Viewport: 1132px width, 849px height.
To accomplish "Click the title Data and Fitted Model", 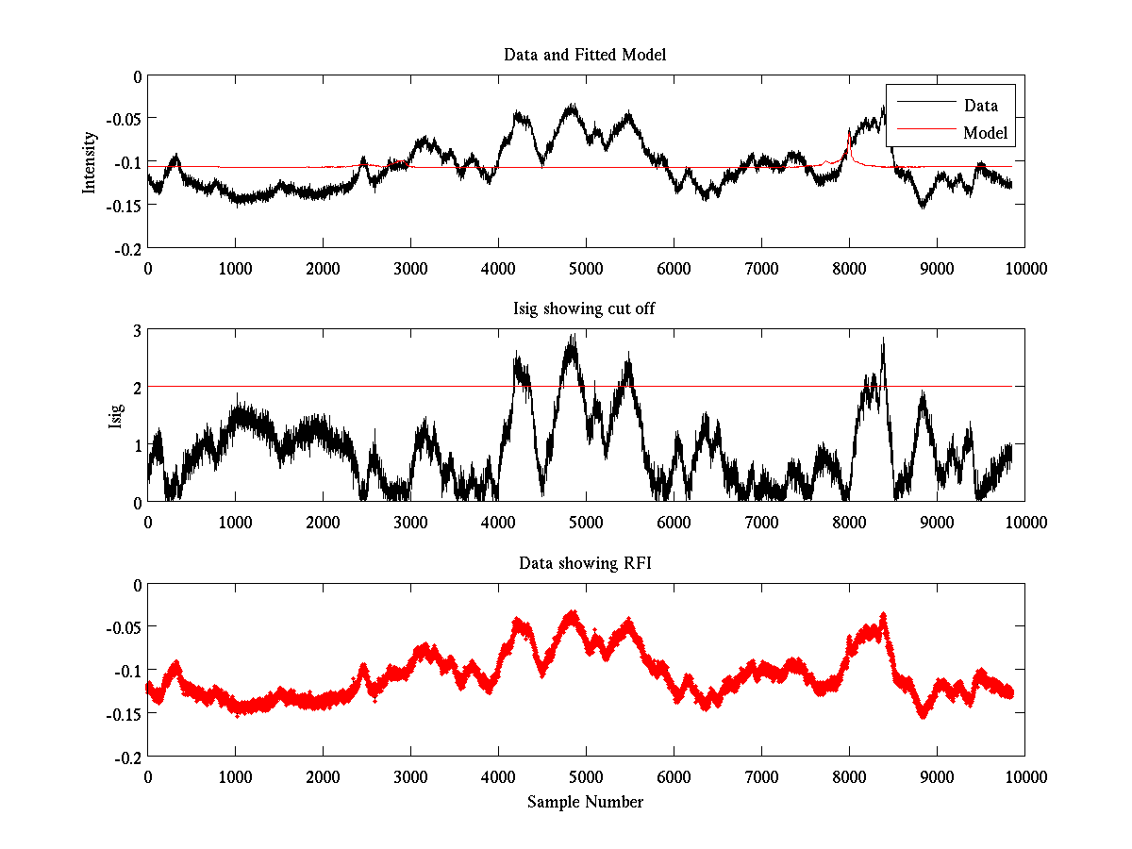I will [585, 55].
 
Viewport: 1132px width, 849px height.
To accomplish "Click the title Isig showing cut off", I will [585, 308].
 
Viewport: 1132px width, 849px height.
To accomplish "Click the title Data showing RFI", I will [585, 563].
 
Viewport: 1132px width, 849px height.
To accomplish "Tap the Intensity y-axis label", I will [90, 161].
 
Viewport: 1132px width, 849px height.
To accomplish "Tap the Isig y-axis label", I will [115, 416].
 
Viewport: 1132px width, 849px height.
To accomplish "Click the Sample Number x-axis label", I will [585, 802].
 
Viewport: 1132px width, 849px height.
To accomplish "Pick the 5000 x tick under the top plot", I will [586, 268].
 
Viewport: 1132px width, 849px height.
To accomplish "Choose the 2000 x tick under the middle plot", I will [323, 522].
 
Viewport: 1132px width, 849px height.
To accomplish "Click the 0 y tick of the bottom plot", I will [137, 585].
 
